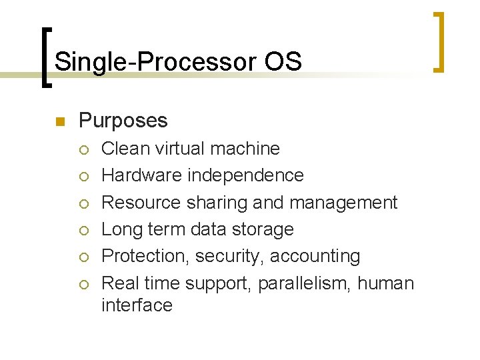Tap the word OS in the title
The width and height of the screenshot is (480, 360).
tap(283, 62)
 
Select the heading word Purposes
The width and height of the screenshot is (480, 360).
tap(123, 121)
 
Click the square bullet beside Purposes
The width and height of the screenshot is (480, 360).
tap(59, 121)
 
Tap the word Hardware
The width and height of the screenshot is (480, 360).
tap(141, 175)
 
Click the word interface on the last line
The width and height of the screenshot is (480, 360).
tap(137, 305)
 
